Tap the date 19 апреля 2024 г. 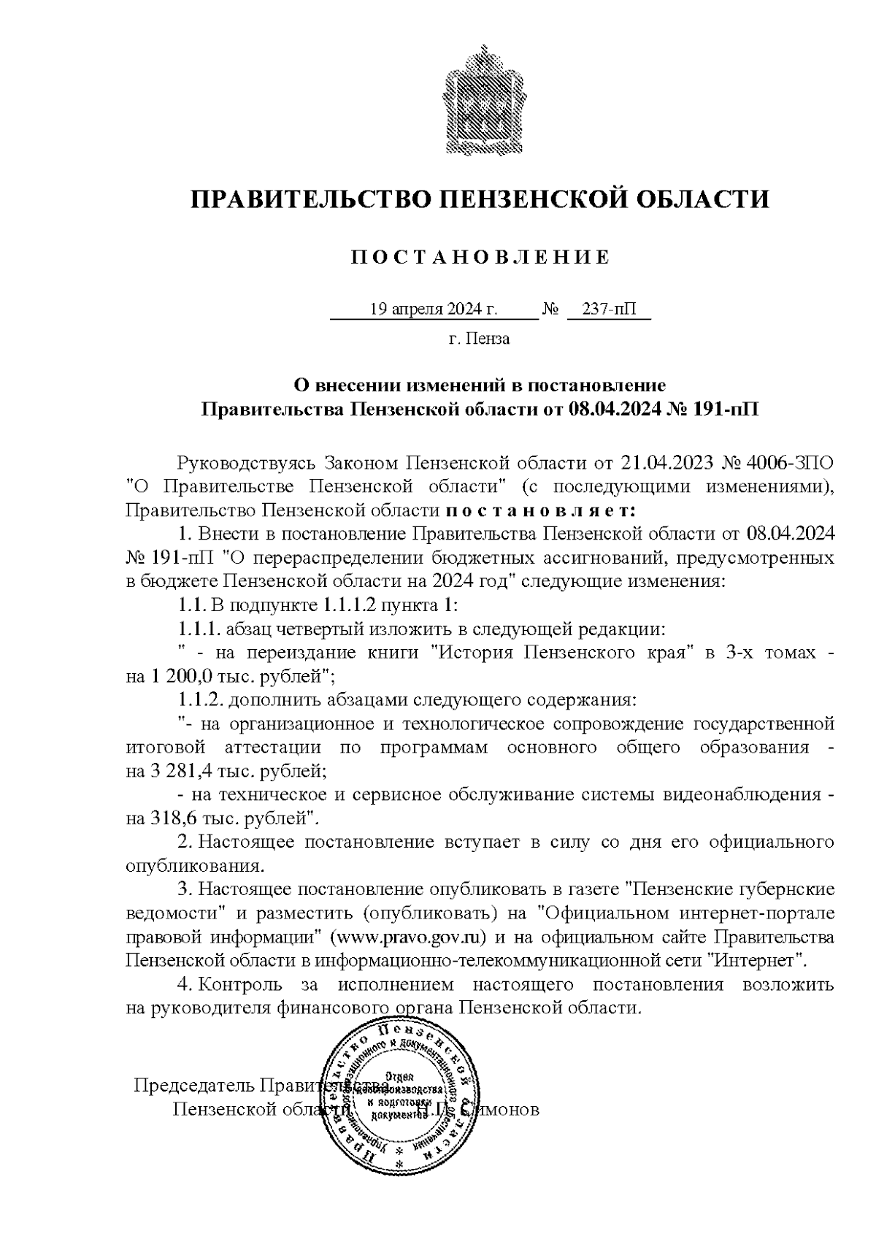pyautogui.click(x=434, y=310)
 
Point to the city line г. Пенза pyautogui.click(x=479, y=339)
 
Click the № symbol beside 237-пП pyautogui.click(x=550, y=310)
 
